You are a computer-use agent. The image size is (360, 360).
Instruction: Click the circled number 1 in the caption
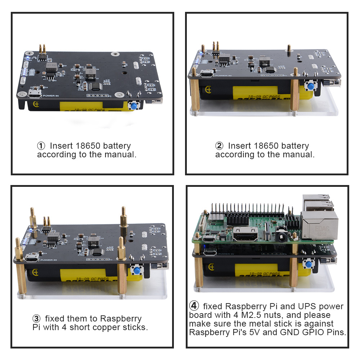pyautogui.click(x=41, y=146)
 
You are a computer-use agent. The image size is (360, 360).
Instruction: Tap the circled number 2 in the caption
pyautogui.click(x=219, y=146)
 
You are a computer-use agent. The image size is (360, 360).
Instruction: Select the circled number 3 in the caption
pyautogui.click(x=36, y=319)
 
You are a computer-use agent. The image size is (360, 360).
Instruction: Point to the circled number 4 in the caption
pyautogui.click(x=194, y=306)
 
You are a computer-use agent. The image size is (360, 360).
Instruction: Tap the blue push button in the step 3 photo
pyautogui.click(x=137, y=271)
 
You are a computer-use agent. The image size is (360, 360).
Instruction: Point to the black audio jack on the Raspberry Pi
pyautogui.click(x=279, y=236)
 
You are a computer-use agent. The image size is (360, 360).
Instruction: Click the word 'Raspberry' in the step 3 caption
pyautogui.click(x=121, y=319)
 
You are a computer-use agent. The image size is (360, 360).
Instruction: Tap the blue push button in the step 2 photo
pyautogui.click(x=309, y=86)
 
